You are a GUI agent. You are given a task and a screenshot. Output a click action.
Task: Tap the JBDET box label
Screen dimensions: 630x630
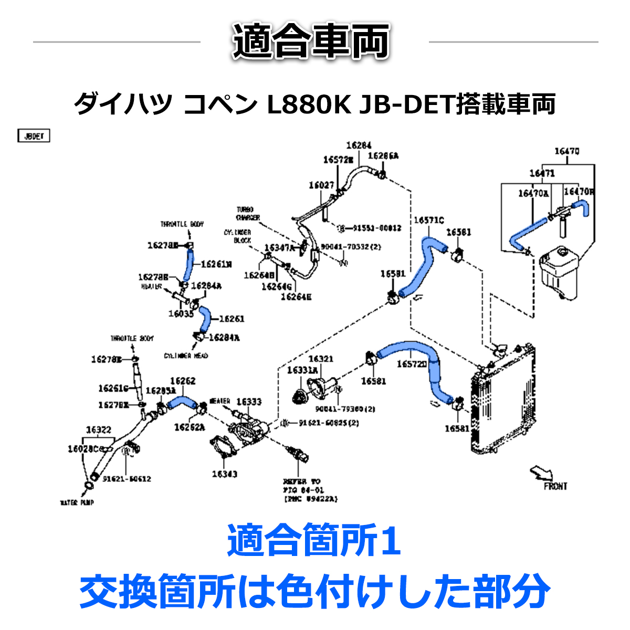pyautogui.click(x=34, y=136)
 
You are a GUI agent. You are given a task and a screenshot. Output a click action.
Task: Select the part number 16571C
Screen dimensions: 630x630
pyautogui.click(x=428, y=220)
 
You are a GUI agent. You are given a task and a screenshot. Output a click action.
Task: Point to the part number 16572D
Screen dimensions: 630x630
pyautogui.click(x=412, y=364)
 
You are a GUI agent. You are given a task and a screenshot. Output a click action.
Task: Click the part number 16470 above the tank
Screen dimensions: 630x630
pyautogui.click(x=567, y=152)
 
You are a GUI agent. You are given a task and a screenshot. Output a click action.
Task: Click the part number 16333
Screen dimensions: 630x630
pyautogui.click(x=249, y=402)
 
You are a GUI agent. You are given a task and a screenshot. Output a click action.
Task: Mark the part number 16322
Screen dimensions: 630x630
pyautogui.click(x=98, y=430)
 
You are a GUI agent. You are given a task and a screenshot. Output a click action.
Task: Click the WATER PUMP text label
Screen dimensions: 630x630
pyautogui.click(x=77, y=503)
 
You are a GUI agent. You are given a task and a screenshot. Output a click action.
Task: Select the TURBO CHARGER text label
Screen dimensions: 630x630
pyautogui.click(x=247, y=214)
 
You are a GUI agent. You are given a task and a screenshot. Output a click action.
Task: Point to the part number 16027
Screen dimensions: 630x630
pyautogui.click(x=321, y=185)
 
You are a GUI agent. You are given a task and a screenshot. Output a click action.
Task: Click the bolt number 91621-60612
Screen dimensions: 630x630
pyautogui.click(x=127, y=479)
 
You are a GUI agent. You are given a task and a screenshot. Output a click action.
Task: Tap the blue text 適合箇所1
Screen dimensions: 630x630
pyautogui.click(x=314, y=542)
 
